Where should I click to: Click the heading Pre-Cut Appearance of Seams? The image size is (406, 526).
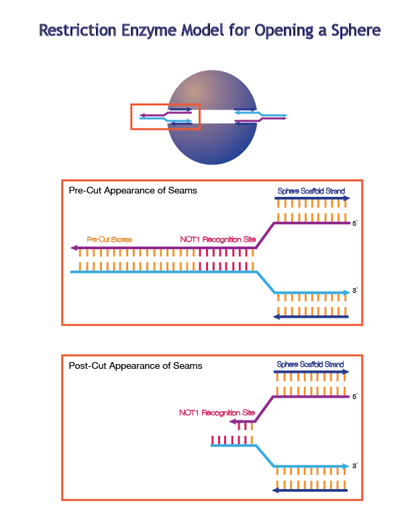[133, 191]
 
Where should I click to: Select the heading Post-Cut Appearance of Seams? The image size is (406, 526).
[136, 366]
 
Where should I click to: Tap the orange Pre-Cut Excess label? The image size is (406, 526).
[110, 239]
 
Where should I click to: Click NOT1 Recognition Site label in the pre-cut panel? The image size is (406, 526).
[217, 239]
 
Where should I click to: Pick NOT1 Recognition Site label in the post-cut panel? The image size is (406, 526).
[217, 412]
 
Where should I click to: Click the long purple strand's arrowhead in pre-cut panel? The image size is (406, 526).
[74, 249]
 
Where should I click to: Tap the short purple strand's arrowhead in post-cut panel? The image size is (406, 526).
[232, 423]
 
